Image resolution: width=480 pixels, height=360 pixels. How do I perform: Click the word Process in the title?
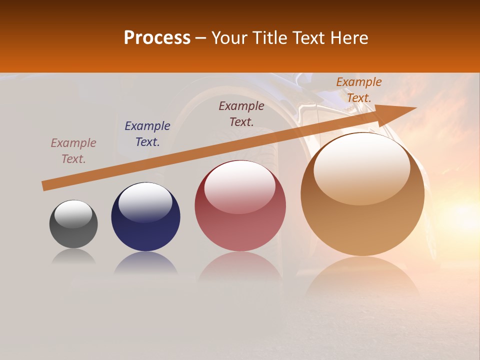tap(157, 37)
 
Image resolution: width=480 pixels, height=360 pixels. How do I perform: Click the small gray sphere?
tap(73, 230)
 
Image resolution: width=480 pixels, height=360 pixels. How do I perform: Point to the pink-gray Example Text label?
tap(73, 151)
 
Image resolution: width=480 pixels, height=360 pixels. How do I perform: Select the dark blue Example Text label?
tap(147, 134)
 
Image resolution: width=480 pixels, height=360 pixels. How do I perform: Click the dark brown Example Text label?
tap(241, 113)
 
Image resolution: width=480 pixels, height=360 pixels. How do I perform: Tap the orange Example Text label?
tap(359, 89)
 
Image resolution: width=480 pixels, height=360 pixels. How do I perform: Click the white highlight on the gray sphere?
tap(73, 213)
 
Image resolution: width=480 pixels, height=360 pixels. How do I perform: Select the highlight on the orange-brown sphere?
tap(361, 168)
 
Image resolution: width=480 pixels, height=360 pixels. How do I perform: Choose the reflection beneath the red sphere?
tap(240, 270)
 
